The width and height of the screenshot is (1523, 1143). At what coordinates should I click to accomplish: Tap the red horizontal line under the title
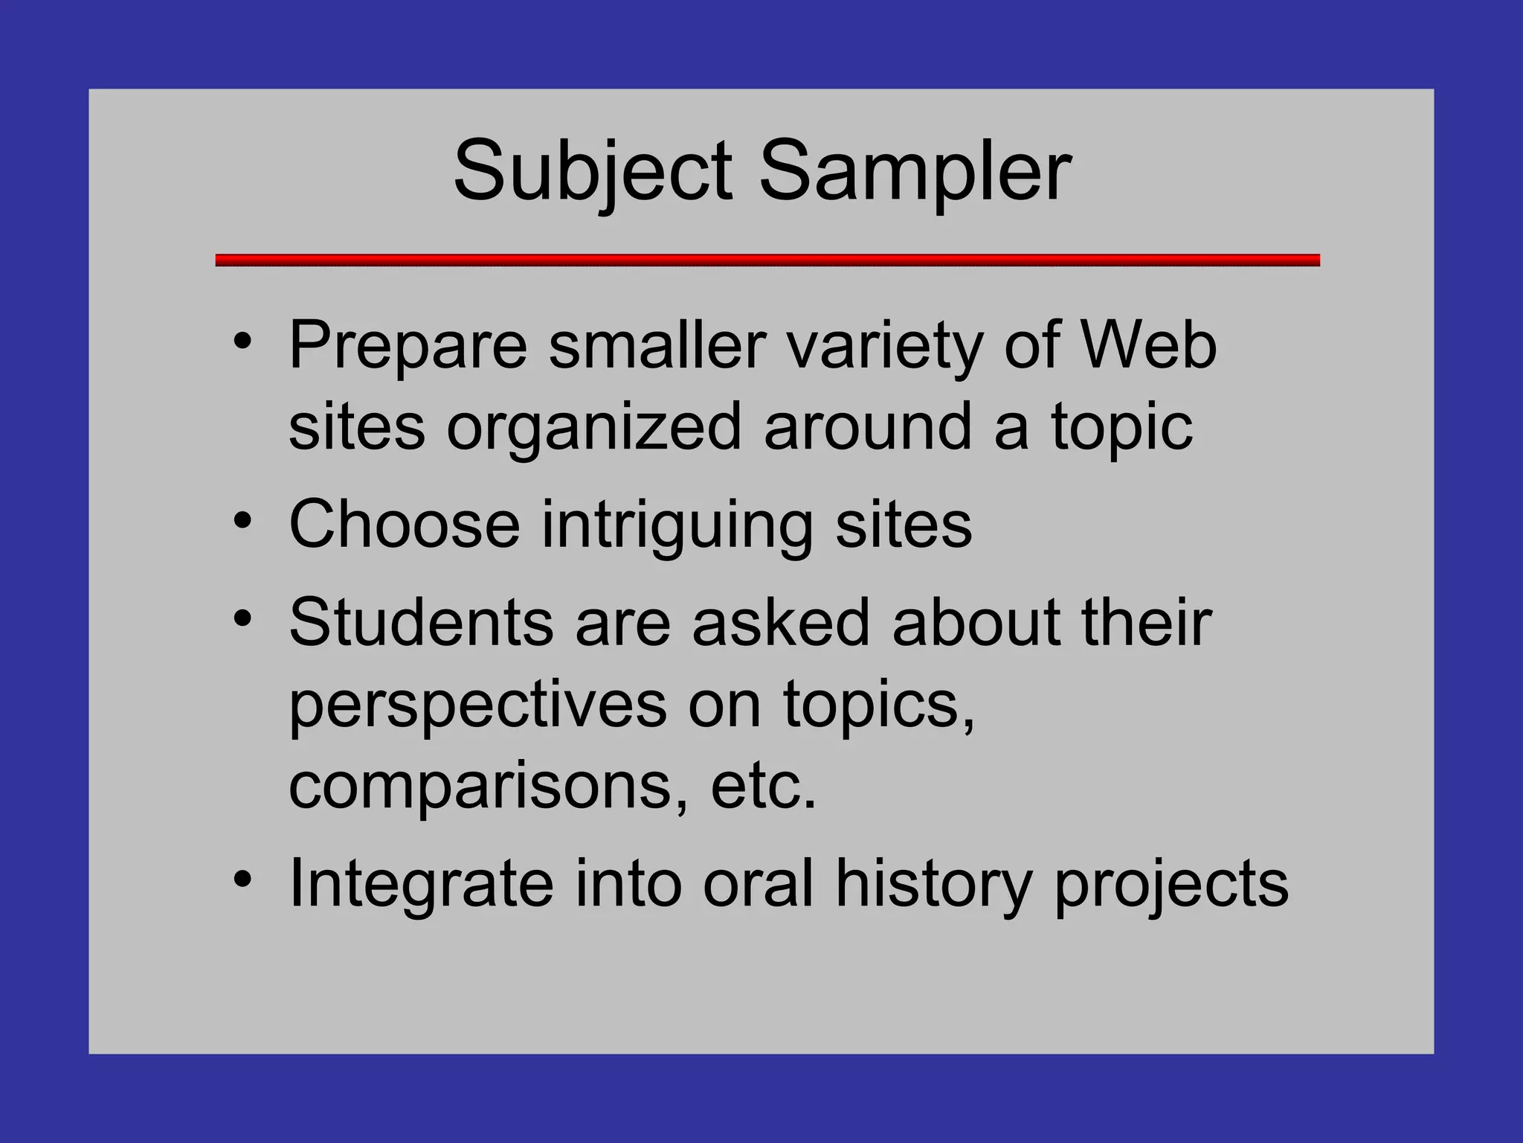click(767, 260)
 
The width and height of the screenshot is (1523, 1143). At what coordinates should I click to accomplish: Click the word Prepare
click(408, 346)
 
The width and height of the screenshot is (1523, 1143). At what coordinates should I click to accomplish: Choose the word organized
click(593, 428)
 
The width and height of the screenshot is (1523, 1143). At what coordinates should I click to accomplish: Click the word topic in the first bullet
click(1121, 428)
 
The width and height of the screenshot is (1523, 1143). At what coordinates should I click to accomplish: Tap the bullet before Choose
click(242, 521)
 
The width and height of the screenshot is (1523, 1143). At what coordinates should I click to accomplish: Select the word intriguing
click(677, 525)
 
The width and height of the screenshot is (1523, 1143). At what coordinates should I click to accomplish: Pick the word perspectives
click(477, 705)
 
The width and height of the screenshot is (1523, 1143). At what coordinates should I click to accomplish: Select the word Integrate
click(421, 884)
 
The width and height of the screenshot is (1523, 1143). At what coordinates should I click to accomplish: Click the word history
click(934, 884)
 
